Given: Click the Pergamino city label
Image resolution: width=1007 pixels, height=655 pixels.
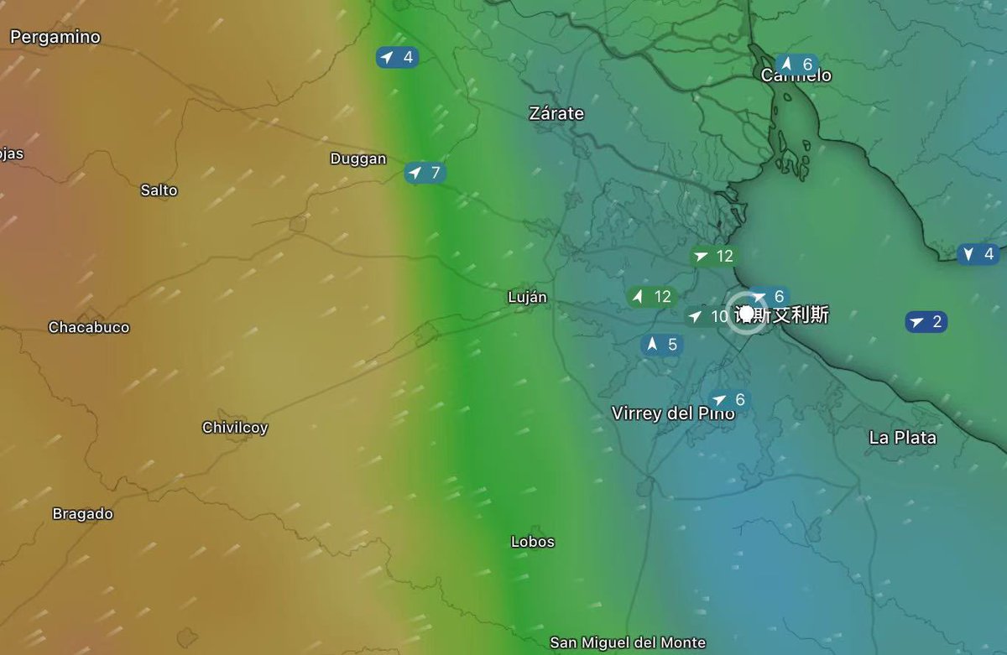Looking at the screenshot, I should pyautogui.click(x=55, y=37).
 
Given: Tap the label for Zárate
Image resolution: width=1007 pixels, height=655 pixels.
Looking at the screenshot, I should pyautogui.click(x=556, y=113).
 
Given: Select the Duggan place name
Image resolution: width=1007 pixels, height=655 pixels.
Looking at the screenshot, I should pyautogui.click(x=358, y=159).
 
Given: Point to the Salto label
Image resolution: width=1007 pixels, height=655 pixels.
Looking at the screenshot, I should pyautogui.click(x=159, y=190).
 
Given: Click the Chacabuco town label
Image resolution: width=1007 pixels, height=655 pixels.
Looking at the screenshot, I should pyautogui.click(x=89, y=327).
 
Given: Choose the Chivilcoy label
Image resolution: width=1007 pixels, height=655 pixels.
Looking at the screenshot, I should pyautogui.click(x=235, y=428).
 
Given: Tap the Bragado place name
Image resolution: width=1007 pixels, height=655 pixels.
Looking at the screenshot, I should pyautogui.click(x=82, y=514).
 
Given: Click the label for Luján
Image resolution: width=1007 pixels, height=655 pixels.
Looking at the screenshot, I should pyautogui.click(x=527, y=297).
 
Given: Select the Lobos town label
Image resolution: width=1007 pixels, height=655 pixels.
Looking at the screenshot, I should pyautogui.click(x=533, y=542).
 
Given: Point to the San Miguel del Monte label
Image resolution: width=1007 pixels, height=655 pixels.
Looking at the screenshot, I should pyautogui.click(x=628, y=642).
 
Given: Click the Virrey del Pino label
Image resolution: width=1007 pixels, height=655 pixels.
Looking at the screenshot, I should pyautogui.click(x=673, y=413).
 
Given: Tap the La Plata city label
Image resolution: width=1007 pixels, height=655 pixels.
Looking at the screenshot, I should pyautogui.click(x=902, y=438).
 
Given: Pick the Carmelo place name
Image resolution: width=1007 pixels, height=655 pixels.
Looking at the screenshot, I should pyautogui.click(x=796, y=76).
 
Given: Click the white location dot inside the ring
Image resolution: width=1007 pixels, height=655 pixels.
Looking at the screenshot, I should pyautogui.click(x=746, y=314).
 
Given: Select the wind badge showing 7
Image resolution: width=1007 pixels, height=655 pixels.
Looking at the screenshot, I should pyautogui.click(x=425, y=173).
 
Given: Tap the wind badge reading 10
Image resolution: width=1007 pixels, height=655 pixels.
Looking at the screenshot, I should pyautogui.click(x=707, y=316).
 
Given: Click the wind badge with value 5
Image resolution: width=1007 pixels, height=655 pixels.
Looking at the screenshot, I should pyautogui.click(x=662, y=345).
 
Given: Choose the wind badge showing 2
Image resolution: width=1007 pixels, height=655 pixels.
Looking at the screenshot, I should pyautogui.click(x=926, y=321).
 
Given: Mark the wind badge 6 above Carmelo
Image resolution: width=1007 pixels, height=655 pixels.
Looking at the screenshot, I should pyautogui.click(x=796, y=64).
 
